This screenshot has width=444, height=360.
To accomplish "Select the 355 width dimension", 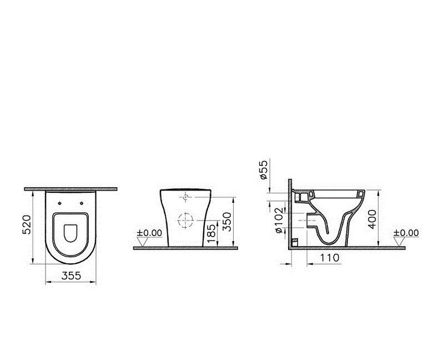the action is pyautogui.click(x=70, y=275).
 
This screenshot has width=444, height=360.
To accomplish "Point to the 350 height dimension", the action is pyautogui.click(x=225, y=221).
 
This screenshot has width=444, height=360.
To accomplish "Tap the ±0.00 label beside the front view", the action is pyautogui.click(x=149, y=233).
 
